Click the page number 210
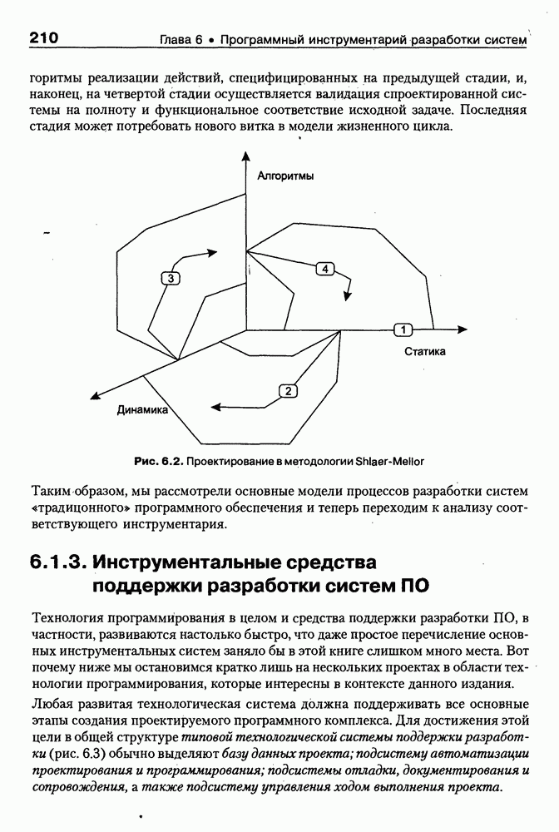click(42, 37)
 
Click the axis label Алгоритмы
click(285, 176)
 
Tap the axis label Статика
click(425, 351)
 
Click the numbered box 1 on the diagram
click(403, 329)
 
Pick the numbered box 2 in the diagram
click(287, 391)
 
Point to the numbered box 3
click(170, 279)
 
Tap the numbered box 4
click(325, 268)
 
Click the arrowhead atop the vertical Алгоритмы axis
click(247, 156)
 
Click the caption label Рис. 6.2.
click(158, 460)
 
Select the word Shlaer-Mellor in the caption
click(390, 460)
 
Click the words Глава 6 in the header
click(181, 39)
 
